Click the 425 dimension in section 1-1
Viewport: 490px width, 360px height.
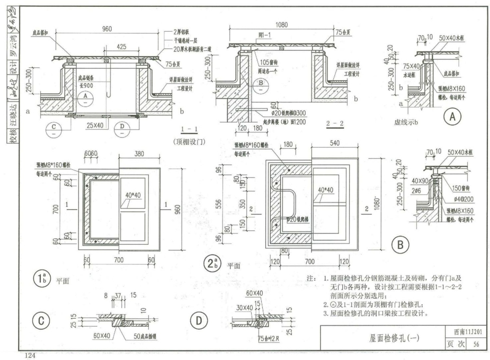point(121,47)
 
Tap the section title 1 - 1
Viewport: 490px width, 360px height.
point(189,129)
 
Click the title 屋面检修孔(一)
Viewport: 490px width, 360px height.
point(393,338)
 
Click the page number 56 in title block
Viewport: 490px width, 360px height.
point(476,345)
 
